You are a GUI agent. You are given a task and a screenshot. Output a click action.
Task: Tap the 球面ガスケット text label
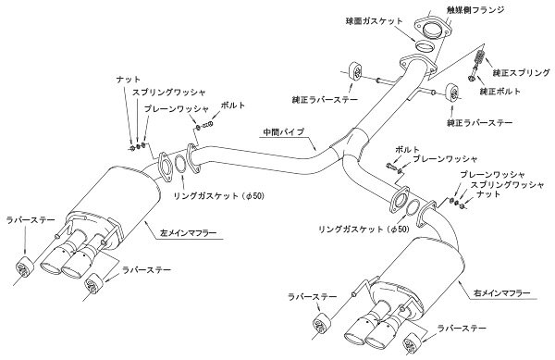point(374,21)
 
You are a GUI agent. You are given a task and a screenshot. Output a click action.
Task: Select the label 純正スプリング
point(522,73)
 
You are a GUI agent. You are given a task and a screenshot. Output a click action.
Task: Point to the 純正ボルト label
point(500,92)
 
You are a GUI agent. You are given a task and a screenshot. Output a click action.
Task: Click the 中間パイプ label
point(284,132)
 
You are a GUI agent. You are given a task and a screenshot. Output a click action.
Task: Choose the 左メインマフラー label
point(189,233)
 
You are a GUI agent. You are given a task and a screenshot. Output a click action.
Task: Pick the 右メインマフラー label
point(501,293)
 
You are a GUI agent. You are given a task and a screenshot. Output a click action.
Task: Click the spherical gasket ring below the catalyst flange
point(424,46)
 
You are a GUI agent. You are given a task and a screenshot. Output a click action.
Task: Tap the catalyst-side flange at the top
point(432,28)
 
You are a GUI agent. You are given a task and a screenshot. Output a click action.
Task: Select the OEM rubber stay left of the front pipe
point(356,72)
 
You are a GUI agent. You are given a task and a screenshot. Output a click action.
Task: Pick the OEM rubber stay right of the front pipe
point(452,93)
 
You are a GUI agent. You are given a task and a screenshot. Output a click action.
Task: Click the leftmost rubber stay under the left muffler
point(25,267)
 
